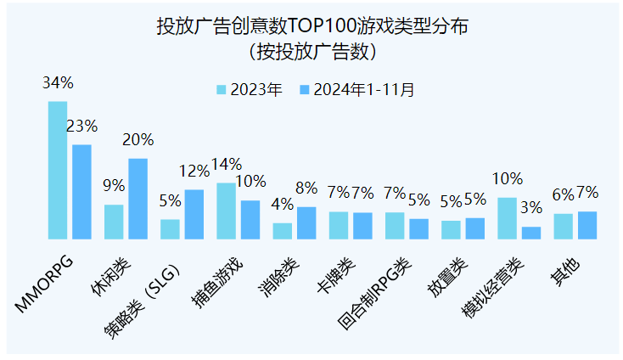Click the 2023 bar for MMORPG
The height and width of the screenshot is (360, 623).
coord(57,170)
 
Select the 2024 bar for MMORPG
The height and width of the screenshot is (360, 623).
coord(81,192)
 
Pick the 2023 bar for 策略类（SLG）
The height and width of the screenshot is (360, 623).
coord(170,229)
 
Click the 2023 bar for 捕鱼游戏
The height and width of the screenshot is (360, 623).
coord(226,211)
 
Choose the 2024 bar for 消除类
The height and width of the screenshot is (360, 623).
coord(306,222)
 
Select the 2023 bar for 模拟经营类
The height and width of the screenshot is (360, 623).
coord(507,218)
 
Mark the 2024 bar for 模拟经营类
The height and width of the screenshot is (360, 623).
coord(531,233)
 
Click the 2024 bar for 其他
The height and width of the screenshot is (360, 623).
coord(587,225)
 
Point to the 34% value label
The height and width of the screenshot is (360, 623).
coord(58,83)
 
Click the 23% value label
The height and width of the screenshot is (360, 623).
coord(81,127)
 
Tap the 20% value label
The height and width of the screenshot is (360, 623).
coord(138,140)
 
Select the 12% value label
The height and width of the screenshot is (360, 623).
coord(194,171)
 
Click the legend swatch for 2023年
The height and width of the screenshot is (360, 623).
coord(222,89)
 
